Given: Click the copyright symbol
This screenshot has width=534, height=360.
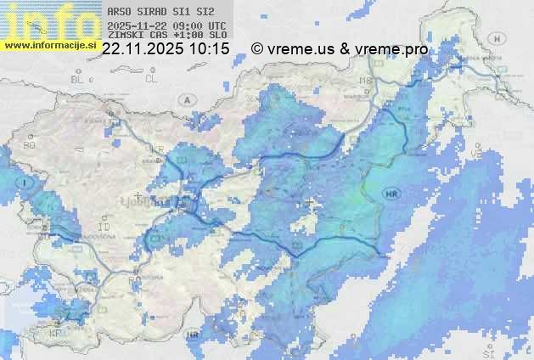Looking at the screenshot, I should click(257, 49).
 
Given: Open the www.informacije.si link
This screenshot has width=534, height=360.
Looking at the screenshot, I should click(49, 44).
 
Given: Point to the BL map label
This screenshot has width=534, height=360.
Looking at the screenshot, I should click(78, 79).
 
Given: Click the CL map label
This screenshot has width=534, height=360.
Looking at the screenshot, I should click(152, 78).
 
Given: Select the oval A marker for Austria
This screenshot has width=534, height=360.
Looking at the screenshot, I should click(187, 99).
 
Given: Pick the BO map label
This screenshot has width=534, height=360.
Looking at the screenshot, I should click(30, 145).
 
